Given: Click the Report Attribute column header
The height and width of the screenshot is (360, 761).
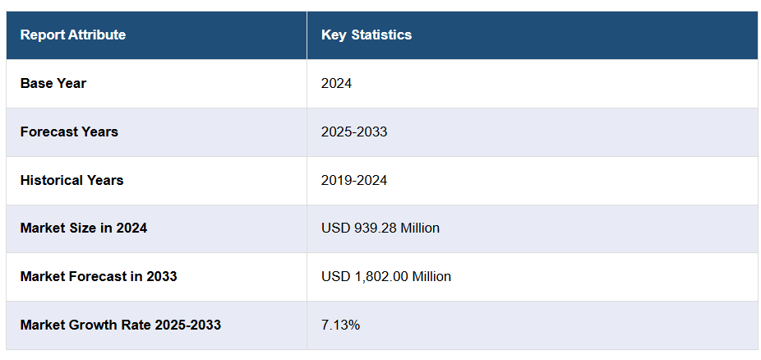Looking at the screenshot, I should [73, 35].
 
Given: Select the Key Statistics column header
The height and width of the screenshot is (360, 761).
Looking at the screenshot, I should [367, 35].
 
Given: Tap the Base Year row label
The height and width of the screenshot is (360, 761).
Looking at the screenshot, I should [53, 83].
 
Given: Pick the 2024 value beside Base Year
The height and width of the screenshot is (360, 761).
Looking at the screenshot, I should [337, 83].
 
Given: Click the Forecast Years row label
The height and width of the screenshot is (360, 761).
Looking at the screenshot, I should [69, 132].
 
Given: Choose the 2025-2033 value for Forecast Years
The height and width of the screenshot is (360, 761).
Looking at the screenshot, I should [354, 132].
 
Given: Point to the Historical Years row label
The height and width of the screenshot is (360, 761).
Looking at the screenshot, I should [72, 180].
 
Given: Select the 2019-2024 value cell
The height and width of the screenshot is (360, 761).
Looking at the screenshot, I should [354, 180].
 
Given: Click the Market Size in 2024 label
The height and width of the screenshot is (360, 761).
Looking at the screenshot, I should [84, 228].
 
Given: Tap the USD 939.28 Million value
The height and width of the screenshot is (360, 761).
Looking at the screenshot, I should [380, 228].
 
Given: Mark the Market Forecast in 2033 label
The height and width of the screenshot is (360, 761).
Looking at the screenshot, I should [99, 276].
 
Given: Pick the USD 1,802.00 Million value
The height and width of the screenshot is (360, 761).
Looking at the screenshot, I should [386, 276].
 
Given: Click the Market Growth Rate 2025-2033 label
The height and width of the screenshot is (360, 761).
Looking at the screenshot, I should [121, 325].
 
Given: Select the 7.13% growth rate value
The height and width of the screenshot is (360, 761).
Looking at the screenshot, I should [340, 325].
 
